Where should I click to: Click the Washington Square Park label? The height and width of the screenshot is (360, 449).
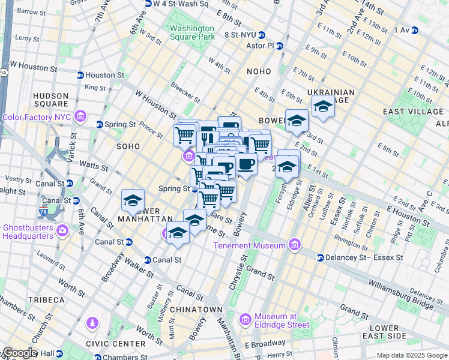click(x=191, y=32)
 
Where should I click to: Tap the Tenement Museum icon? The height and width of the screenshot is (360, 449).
click(x=294, y=245)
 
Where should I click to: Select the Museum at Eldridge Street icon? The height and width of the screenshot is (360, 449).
click(x=245, y=320)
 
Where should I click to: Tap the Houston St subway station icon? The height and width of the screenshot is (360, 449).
click(x=80, y=75)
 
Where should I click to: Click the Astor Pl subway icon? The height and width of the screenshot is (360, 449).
click(x=279, y=46)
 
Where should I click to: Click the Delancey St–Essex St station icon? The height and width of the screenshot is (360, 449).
click(x=319, y=257)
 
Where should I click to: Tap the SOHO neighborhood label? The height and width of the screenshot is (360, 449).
click(x=128, y=146)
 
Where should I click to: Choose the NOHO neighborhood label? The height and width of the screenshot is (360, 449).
click(x=259, y=71)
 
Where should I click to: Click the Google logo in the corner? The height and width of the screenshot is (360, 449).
click(x=20, y=352)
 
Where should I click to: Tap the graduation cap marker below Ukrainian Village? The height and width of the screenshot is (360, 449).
click(x=323, y=107)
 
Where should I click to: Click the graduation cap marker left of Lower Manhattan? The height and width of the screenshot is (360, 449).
click(x=133, y=201)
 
